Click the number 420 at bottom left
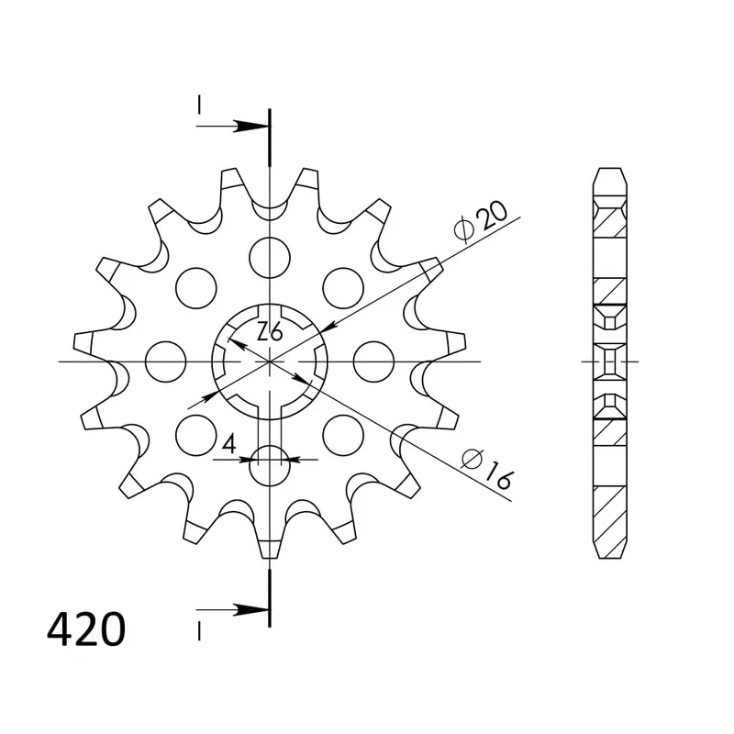(x=86, y=631)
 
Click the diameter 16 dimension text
(x=486, y=468)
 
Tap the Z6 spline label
(x=268, y=332)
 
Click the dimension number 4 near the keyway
(x=230, y=445)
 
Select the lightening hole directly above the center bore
(x=269, y=252)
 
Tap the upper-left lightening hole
(x=195, y=285)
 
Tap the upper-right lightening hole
(x=342, y=285)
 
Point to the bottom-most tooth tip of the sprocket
(x=269, y=550)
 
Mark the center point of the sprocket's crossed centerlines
(x=269, y=361)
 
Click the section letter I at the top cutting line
(x=199, y=108)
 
